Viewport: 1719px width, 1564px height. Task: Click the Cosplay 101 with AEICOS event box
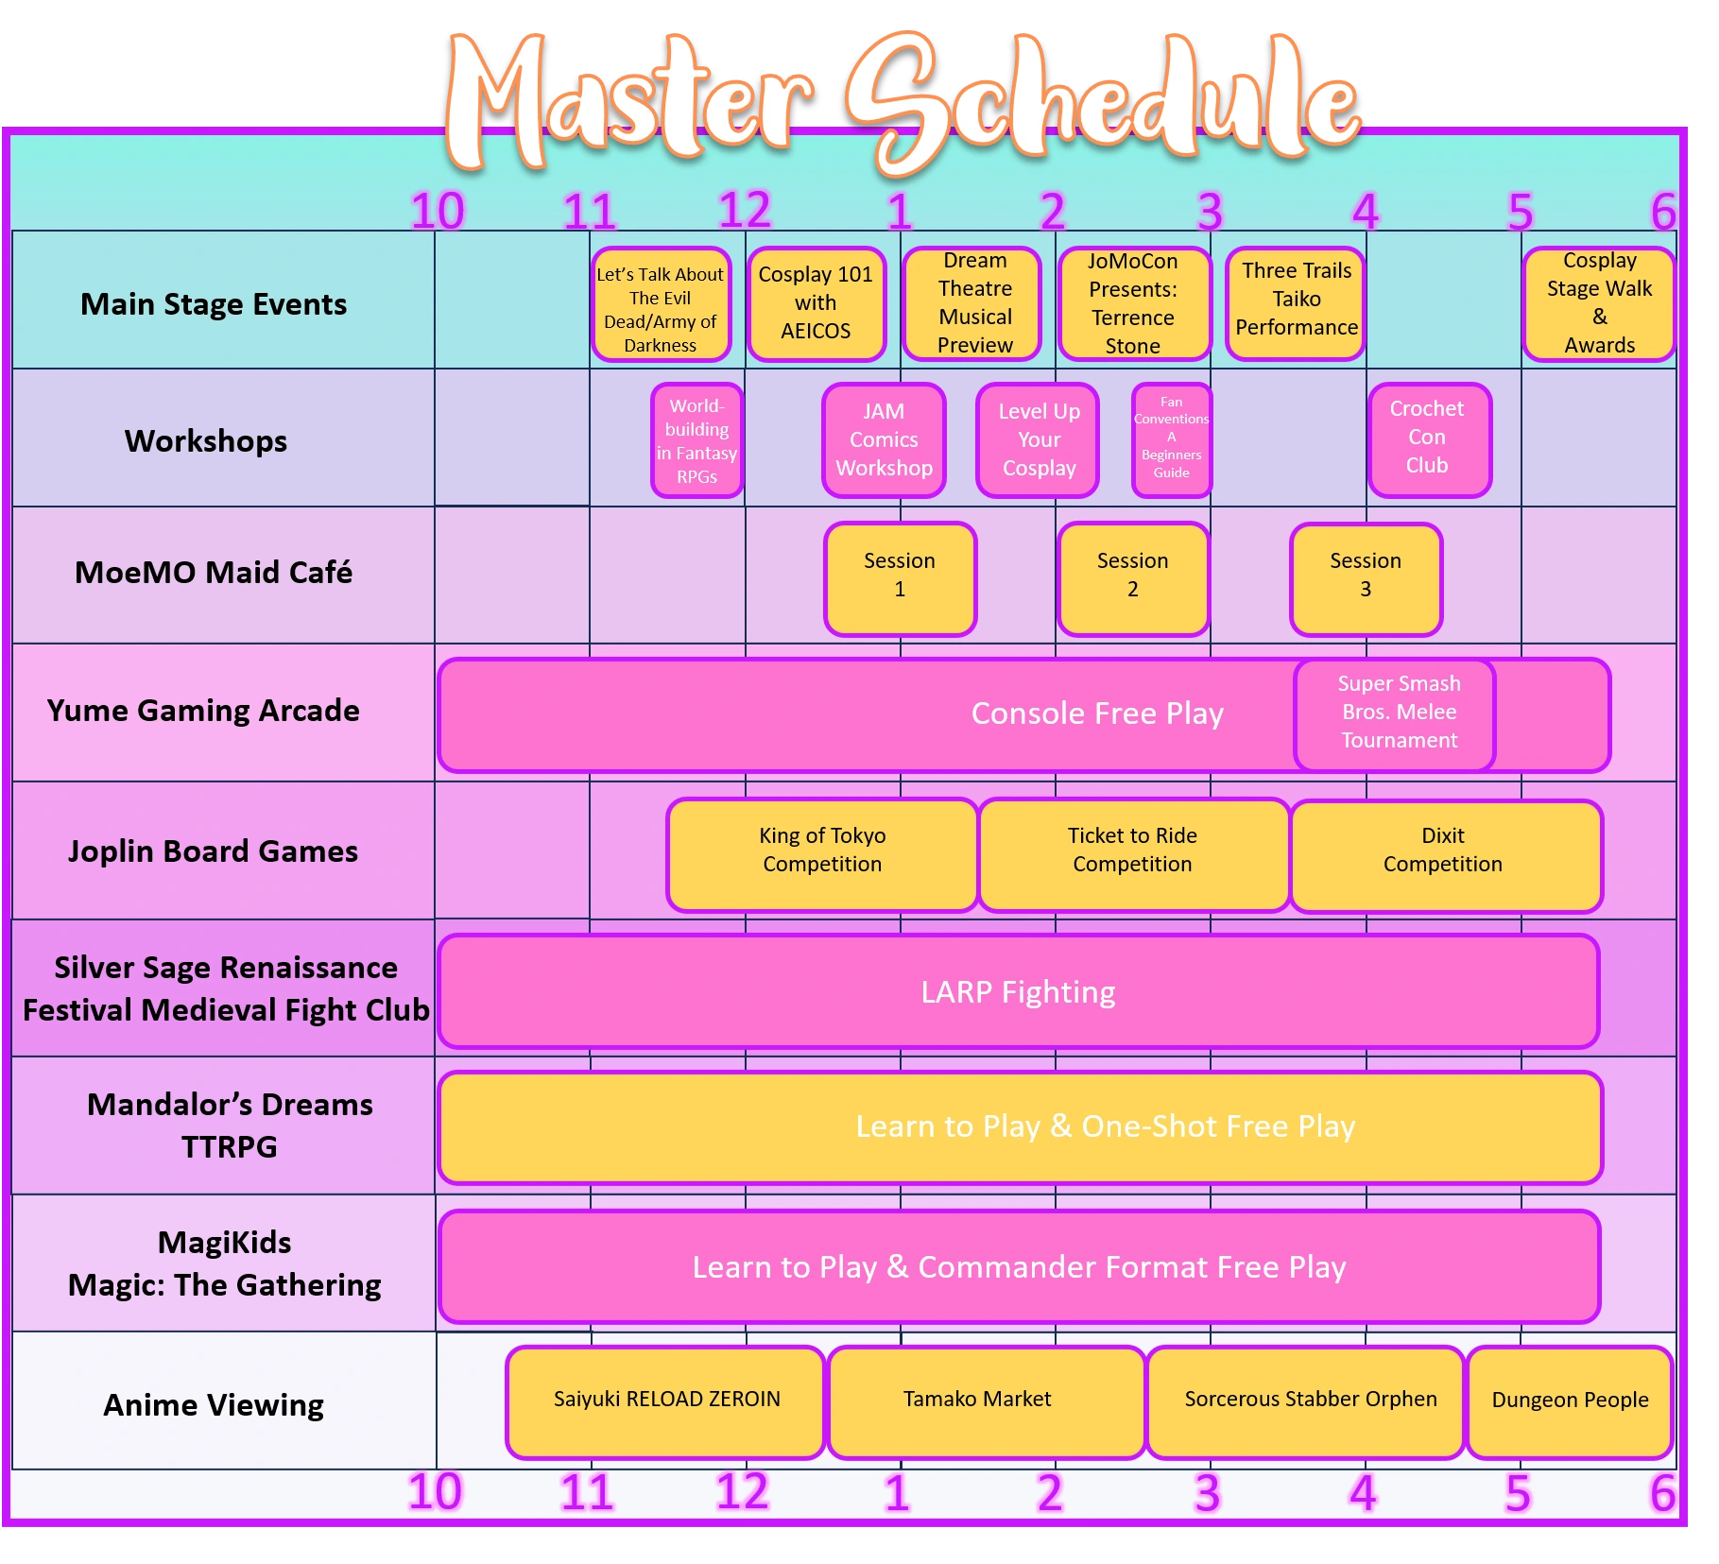816,303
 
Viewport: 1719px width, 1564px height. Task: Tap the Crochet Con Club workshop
1429,439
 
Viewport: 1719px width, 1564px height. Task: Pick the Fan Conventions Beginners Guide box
1171,439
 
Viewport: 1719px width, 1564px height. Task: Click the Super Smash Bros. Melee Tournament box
1395,713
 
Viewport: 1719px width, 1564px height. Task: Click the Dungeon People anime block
1570,1401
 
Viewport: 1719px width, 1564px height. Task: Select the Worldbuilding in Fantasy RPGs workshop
696,440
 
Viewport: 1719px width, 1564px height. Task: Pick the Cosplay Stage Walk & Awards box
1598,303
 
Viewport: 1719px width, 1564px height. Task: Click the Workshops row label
206,440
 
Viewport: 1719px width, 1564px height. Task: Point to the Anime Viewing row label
214,1405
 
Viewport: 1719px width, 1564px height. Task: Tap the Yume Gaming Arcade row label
203,711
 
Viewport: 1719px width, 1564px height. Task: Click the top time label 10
438,211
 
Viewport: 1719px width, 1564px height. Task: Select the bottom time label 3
1207,1494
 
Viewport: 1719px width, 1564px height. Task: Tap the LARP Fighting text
1018,992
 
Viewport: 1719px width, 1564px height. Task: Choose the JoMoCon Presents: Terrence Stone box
1133,303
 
